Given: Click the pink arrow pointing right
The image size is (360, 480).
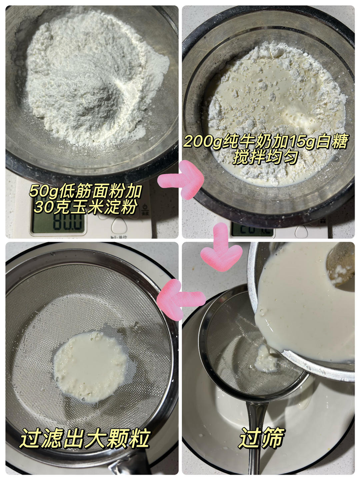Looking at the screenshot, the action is pos(181,179).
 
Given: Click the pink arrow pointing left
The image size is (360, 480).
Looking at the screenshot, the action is pos(181,300).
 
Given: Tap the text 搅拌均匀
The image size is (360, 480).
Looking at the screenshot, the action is pos(265,157).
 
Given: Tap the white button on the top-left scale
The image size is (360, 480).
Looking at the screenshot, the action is pos(119,225).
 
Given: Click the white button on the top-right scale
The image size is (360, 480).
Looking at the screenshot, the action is pos(301,231).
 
